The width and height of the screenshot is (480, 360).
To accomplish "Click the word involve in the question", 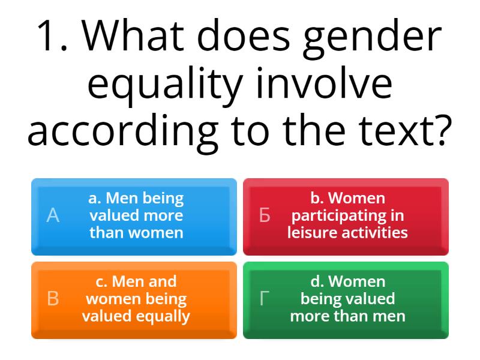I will click(325, 84).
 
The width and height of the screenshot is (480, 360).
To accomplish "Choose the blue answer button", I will click(134, 216).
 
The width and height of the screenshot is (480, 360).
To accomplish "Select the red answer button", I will click(346, 216).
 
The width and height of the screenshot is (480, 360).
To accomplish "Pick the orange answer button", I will click(134, 299).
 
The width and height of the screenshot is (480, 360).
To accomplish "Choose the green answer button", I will click(346, 299).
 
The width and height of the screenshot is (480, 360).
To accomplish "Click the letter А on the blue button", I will click(53, 216).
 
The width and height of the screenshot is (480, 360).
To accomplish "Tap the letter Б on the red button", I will click(265, 216).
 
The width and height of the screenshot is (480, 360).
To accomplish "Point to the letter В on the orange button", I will click(53, 299).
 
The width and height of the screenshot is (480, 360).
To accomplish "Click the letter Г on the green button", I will click(264, 299).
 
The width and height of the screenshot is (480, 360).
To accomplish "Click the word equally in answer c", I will click(161, 316).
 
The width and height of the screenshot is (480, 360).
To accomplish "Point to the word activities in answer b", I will click(373, 232).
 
